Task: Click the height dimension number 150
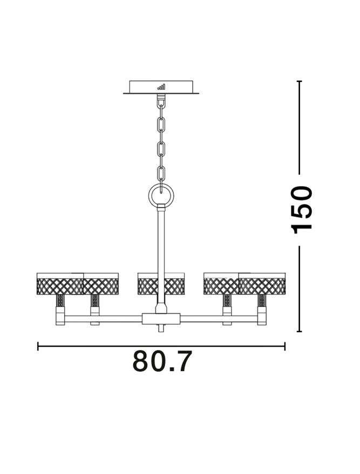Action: click(301, 209)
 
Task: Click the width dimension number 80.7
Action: click(162, 362)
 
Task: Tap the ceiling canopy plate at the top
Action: click(161, 87)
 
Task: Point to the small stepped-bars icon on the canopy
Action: click(161, 86)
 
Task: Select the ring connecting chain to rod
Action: click(161, 195)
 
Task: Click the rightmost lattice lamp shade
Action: click(262, 284)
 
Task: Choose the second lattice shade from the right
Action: click(221, 284)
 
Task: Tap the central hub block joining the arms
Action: click(161, 318)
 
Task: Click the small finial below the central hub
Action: click(161, 328)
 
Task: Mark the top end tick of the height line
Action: click(299, 81)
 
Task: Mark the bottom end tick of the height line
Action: click(299, 332)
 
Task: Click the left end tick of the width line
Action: click(38, 346)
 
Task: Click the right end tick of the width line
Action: click(284, 346)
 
